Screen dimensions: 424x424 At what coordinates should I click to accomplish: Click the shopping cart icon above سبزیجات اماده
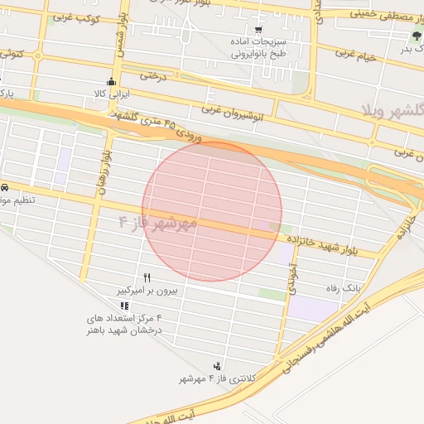[258, 28]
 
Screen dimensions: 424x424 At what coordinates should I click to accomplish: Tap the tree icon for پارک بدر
[417, 36]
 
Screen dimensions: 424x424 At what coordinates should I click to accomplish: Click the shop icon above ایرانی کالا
[112, 81]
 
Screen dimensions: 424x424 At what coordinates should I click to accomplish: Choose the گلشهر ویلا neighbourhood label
[393, 109]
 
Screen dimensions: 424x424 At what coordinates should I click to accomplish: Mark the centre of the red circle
[212, 211]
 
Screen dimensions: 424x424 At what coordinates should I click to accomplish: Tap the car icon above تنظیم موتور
[5, 186]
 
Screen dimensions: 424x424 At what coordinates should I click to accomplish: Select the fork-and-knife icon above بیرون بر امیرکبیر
[147, 278]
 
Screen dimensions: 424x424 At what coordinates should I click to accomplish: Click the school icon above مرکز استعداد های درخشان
[124, 305]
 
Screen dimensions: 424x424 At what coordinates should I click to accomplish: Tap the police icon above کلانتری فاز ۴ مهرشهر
[217, 365]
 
